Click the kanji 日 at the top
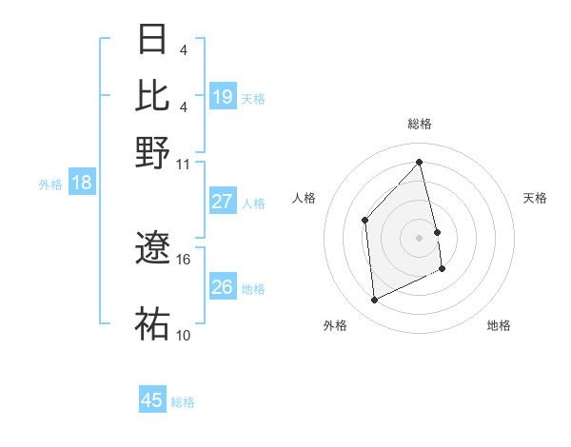(153, 40)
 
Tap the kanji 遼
(153, 250)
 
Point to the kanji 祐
(153, 323)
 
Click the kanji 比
(153, 95)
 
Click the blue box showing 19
(223, 96)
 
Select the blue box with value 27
(223, 202)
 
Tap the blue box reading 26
(223, 287)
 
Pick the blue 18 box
(81, 184)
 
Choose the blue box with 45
(152, 400)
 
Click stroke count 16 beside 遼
(184, 259)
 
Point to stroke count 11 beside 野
(184, 163)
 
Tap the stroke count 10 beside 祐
(184, 335)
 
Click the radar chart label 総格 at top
(419, 124)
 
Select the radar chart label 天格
(536, 198)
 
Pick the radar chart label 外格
(335, 325)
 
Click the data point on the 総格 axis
(419, 163)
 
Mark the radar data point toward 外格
(375, 300)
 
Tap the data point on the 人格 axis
(365, 220)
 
